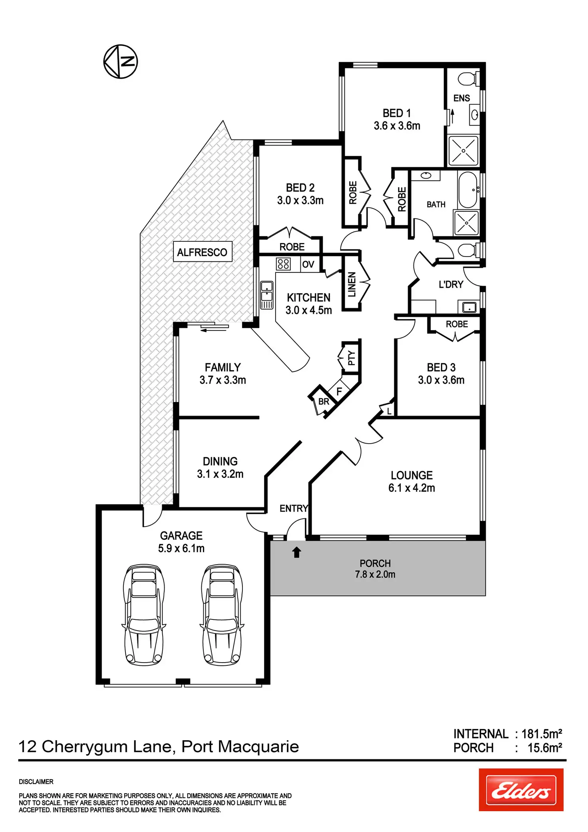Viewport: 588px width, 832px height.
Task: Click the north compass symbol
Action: point(121,62)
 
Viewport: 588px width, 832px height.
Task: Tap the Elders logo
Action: point(521,790)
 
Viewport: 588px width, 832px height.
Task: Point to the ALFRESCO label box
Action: point(202,252)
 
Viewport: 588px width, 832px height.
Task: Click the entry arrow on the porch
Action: point(296,552)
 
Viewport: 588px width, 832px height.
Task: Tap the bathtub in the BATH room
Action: point(468,190)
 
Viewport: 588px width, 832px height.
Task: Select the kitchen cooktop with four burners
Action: point(283,264)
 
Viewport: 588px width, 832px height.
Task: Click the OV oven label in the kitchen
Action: point(308,264)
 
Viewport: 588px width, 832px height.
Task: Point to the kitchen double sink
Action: point(266,291)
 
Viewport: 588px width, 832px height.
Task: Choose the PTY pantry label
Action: point(351,358)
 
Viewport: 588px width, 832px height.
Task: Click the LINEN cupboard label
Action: point(352,285)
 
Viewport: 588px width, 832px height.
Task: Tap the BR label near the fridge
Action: point(324,402)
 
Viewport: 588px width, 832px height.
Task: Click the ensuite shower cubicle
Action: point(463,151)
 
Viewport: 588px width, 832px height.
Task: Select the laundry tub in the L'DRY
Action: point(469,307)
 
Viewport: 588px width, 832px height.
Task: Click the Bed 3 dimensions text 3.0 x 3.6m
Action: point(441,380)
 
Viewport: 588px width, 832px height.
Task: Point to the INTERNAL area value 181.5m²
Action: point(542,734)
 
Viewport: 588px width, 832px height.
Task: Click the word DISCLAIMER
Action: point(36,782)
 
